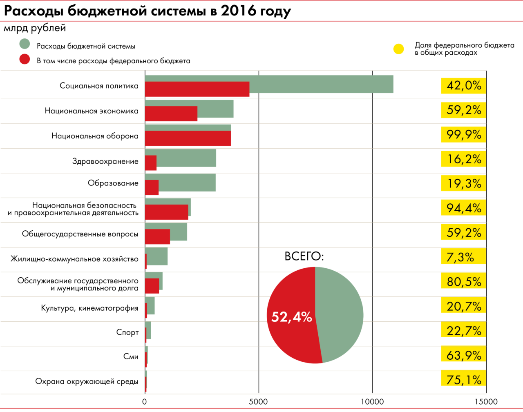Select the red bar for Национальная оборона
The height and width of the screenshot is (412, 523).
[x=188, y=138]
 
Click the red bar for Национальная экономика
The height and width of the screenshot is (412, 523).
[x=171, y=114]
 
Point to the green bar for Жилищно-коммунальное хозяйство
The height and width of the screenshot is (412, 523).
[x=157, y=256]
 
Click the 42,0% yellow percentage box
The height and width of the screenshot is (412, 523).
[x=463, y=86]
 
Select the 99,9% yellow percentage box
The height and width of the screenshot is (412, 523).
[x=463, y=135]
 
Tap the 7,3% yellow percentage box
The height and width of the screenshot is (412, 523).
[x=463, y=257]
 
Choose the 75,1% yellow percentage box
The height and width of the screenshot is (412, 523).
[x=463, y=380]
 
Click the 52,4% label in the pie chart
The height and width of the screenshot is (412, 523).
[x=292, y=317]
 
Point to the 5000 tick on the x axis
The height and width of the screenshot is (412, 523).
[x=258, y=402]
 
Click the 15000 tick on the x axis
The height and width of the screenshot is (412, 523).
[x=486, y=402]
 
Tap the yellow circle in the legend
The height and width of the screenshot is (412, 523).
[x=398, y=49]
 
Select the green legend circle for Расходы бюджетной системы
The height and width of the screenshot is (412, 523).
[x=25, y=44]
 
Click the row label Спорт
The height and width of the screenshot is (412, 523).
[x=127, y=332]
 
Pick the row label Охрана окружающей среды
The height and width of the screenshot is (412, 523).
[x=87, y=381]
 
